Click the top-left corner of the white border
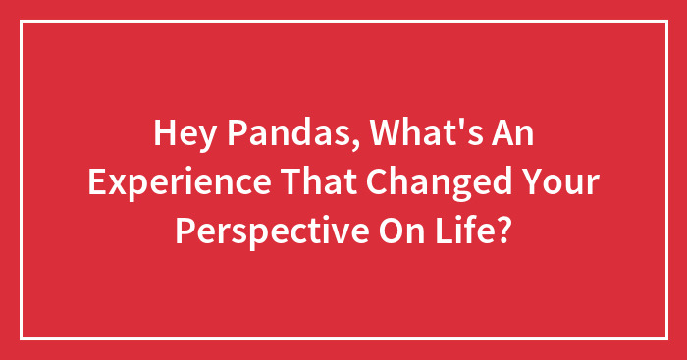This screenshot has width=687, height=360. (21, 22)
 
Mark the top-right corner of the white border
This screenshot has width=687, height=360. (665, 22)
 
